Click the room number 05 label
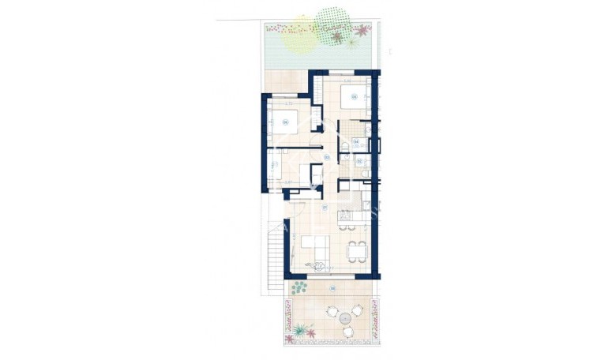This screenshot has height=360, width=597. tap(355, 98)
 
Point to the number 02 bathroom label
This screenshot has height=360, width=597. tap(359, 162)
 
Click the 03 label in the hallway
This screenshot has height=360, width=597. tap(326, 156)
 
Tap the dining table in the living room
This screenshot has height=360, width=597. tap(357, 250)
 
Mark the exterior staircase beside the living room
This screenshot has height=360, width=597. tap(273, 252)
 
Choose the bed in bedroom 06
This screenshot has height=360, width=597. tap(284, 126)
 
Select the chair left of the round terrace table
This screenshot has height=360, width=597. tap(329, 318)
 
